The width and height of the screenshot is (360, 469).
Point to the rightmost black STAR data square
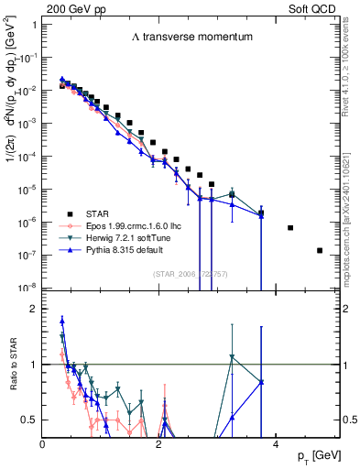(320, 250)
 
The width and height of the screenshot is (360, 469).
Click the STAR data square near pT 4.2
(290, 227)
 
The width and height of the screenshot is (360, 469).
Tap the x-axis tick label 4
(276, 444)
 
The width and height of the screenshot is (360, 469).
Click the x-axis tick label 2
(159, 444)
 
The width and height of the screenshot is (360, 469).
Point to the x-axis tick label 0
(43, 444)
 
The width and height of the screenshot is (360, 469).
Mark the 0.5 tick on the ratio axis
(31, 420)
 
